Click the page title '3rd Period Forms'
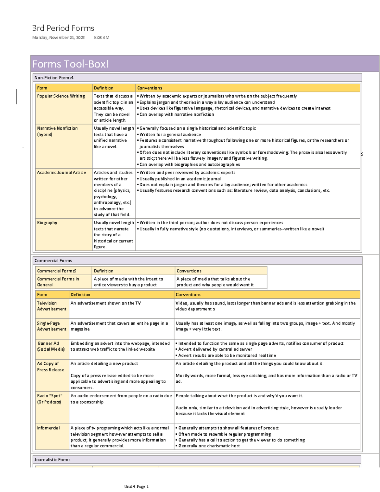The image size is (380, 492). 63,28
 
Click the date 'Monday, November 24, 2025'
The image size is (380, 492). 58,38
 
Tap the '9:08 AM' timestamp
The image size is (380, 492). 101,38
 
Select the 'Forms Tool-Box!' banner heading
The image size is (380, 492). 71,64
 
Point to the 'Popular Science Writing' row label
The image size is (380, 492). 61,96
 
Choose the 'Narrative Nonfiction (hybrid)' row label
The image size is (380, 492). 57,131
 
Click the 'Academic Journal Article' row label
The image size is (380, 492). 61,173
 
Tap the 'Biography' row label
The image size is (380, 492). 47,223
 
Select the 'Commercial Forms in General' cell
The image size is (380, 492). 58,282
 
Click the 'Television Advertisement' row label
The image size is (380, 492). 52,306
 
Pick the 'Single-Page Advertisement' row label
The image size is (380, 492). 52,326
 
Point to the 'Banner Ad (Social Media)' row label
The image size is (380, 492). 51,346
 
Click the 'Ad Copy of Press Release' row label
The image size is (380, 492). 50,367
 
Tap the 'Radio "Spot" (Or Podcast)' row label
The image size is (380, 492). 50,399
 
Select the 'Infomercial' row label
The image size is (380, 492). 48,428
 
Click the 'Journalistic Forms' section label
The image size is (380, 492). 52,460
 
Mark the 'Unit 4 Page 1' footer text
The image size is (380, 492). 136,486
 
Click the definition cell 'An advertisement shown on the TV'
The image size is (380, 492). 106,303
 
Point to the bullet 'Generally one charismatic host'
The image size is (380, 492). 209,446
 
